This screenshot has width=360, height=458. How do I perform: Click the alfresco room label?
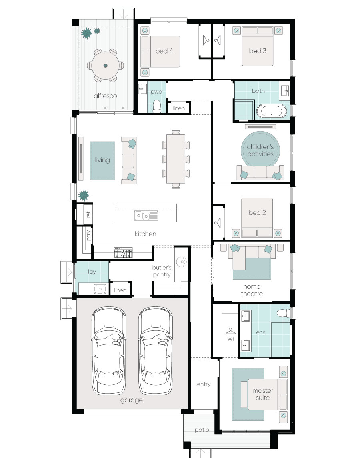click(x=105, y=96)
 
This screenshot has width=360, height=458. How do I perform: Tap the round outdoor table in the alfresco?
click(x=106, y=66)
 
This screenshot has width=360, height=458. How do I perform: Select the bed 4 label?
click(x=164, y=51)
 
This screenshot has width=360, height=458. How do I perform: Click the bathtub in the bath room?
click(x=272, y=111)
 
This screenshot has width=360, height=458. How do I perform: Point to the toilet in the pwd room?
click(x=157, y=106)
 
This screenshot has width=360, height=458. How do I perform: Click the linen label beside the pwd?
click(x=178, y=108)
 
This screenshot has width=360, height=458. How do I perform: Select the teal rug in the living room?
click(x=102, y=160)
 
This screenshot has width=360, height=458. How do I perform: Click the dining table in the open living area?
click(x=176, y=159)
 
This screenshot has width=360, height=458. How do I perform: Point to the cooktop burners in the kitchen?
click(x=123, y=253)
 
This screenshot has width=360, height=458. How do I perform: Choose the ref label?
click(x=88, y=215)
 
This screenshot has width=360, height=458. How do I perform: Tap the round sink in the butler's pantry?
click(x=182, y=262)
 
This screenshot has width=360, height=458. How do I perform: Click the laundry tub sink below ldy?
click(x=100, y=289)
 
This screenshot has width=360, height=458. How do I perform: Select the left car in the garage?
click(x=109, y=350)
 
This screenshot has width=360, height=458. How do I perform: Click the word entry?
click(x=204, y=384)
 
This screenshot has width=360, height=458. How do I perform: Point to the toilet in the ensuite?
click(x=283, y=314)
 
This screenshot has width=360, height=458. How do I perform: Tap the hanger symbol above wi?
click(x=230, y=331)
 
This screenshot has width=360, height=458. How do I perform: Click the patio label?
click(x=202, y=430)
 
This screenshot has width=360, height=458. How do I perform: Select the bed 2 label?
click(x=257, y=213)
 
